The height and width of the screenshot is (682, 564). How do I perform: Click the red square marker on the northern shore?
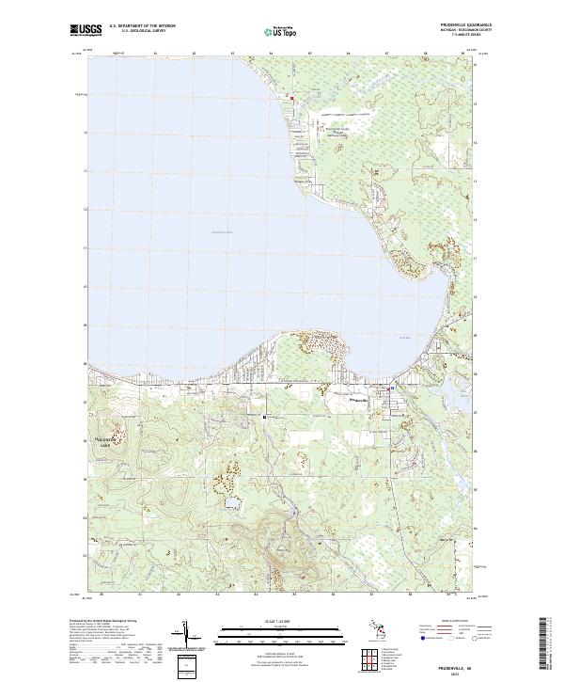(x=291, y=98)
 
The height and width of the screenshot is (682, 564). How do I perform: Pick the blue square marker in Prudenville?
(x=392, y=388)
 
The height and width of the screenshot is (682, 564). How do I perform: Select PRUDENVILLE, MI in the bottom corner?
(x=444, y=664)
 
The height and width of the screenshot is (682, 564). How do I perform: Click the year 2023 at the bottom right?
(x=444, y=672)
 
